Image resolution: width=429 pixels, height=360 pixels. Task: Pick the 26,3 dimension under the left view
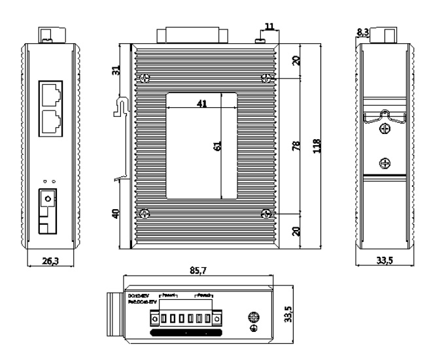point(50,261)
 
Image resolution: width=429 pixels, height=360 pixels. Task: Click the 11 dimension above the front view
point(268,27)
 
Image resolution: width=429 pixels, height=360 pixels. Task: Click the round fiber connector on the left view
point(46,197)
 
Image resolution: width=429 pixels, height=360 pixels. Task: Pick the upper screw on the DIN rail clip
point(385,130)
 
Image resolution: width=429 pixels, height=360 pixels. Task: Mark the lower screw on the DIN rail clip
point(385,163)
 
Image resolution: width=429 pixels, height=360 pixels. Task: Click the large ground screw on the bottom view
point(253,318)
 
